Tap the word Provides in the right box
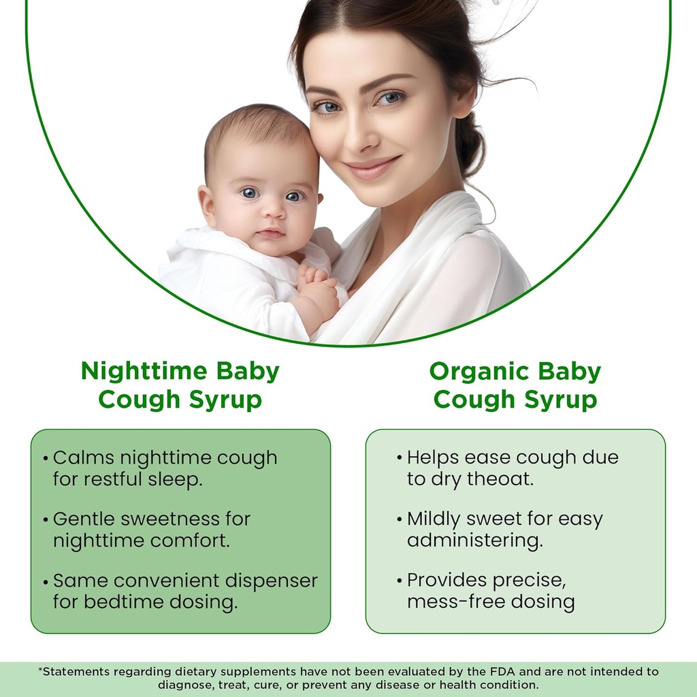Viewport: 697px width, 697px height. tap(447, 581)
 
